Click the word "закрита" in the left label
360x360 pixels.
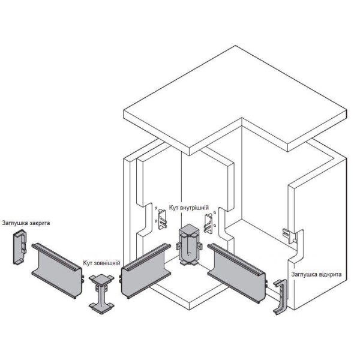coord(38,223)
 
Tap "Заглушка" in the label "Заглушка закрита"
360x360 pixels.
coord(14,223)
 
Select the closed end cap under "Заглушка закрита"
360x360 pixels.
coord(20,247)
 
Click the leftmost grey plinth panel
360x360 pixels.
coord(57,271)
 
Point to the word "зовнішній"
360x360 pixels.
coord(107,263)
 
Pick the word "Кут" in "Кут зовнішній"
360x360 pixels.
coord(88,263)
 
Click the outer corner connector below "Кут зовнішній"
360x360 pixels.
coord(101,293)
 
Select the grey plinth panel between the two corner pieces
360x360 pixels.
coord(146,271)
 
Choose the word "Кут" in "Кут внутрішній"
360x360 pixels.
coord(174,208)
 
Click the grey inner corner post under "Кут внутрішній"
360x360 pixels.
coord(189,245)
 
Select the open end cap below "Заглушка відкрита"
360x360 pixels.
coord(280,297)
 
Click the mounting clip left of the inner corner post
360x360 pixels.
coord(162,219)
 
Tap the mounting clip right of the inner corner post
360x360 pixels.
coord(208,223)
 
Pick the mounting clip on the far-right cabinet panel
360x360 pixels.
coord(290,236)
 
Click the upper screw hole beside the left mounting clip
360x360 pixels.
coord(156,208)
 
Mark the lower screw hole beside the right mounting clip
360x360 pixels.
coord(215,226)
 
